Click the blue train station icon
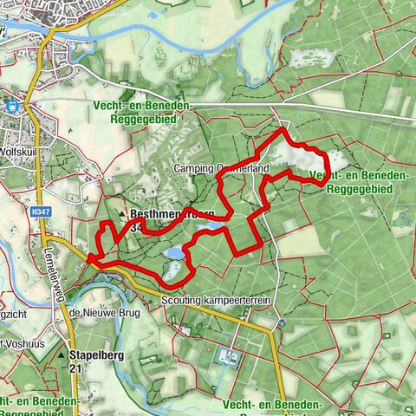(x=12, y=107)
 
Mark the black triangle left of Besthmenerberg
(x=122, y=213)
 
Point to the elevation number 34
(x=134, y=227)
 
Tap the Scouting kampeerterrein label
(x=217, y=300)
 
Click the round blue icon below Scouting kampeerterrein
(x=281, y=324)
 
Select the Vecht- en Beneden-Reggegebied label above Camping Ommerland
(x=145, y=111)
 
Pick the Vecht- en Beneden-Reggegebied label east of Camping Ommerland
(x=357, y=183)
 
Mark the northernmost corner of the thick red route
(x=283, y=129)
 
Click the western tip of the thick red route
(x=89, y=257)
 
